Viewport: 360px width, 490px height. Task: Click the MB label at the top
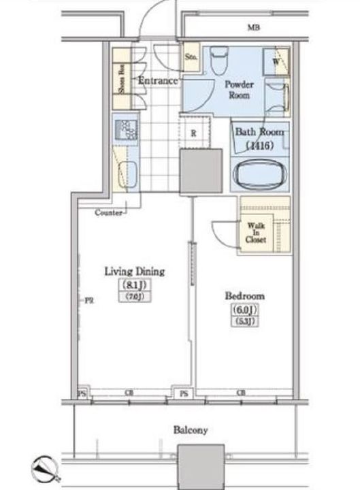coord(254,28)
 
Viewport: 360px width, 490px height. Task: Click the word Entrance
coord(158,81)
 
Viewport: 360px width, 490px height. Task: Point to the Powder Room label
coord(240,91)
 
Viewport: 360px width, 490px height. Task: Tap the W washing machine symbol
coord(277,61)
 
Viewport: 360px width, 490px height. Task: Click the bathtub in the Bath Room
coord(261,175)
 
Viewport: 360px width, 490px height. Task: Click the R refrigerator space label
coord(194,133)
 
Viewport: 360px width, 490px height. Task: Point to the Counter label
coord(108,212)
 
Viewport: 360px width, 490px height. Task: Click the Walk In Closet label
coord(256,232)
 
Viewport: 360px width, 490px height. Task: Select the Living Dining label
coord(135,271)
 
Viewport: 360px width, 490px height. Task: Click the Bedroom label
coord(244,296)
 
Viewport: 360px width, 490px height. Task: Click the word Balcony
coord(190,430)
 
